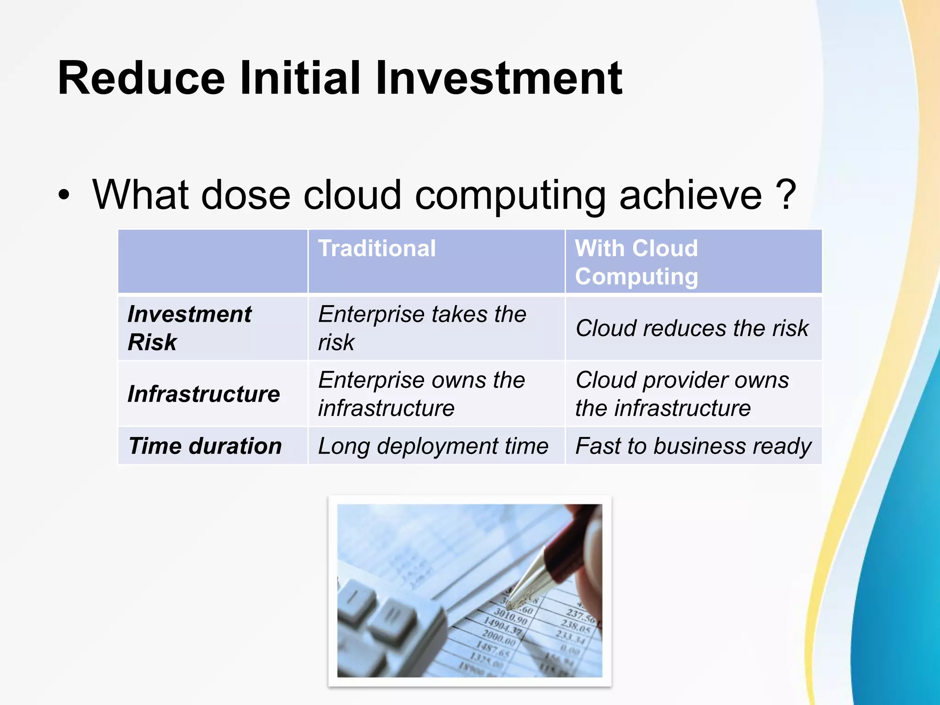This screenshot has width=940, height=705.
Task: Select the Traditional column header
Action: tap(377, 248)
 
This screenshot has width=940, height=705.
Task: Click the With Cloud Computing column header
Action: tap(636, 262)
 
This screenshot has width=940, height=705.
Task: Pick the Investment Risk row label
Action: tap(189, 328)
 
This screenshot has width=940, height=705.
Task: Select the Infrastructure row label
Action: tap(203, 394)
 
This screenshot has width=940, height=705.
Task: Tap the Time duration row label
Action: tap(205, 446)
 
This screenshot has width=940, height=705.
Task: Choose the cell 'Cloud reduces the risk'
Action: tap(692, 328)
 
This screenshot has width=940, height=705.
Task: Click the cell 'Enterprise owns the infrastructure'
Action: tap(421, 394)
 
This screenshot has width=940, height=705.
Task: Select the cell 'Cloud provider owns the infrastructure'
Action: tap(682, 394)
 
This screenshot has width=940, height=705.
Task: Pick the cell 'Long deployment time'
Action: tap(433, 446)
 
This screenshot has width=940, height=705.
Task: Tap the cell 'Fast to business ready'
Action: tap(693, 446)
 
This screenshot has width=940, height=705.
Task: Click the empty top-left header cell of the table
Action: tap(213, 261)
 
